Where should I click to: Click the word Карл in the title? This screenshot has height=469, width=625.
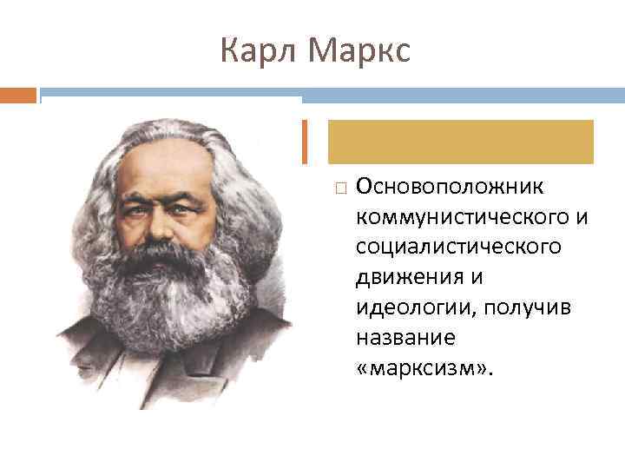255,51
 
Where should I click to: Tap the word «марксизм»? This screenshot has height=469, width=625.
424,368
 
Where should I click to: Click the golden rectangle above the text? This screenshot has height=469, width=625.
460,142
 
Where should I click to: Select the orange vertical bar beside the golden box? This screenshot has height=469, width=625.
304,142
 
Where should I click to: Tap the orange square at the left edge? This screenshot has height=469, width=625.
18,94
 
